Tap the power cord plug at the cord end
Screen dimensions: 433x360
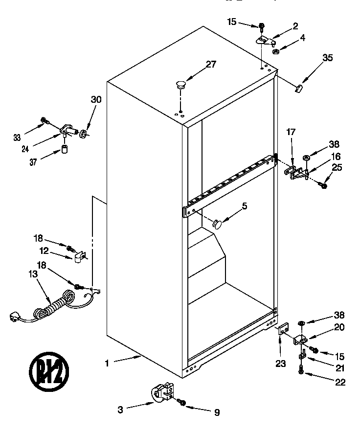point(17,318)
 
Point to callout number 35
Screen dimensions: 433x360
point(328,58)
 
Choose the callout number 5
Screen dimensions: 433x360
point(244,206)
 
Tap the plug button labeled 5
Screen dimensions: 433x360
point(216,224)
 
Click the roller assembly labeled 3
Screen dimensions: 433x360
point(161,393)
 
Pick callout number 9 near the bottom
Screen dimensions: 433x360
point(217,412)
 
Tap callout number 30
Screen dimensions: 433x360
point(96,99)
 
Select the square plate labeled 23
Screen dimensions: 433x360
point(283,330)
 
